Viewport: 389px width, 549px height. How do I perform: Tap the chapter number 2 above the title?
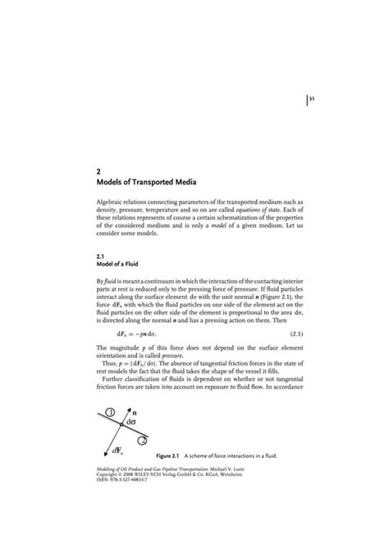click(x=98, y=170)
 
